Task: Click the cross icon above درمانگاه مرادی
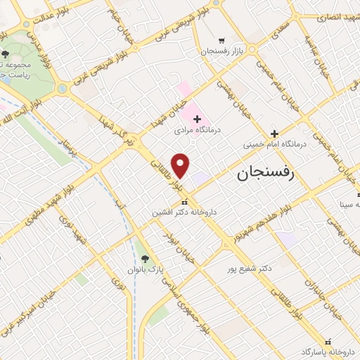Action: tap(197, 120)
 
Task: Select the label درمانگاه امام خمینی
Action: tap(276, 144)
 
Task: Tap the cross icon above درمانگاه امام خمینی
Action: tap(275, 134)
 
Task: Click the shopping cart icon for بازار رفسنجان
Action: tap(221, 41)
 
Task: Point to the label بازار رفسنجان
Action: tap(221, 51)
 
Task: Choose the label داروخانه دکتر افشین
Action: tap(185, 211)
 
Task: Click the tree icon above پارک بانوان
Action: tap(145, 259)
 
